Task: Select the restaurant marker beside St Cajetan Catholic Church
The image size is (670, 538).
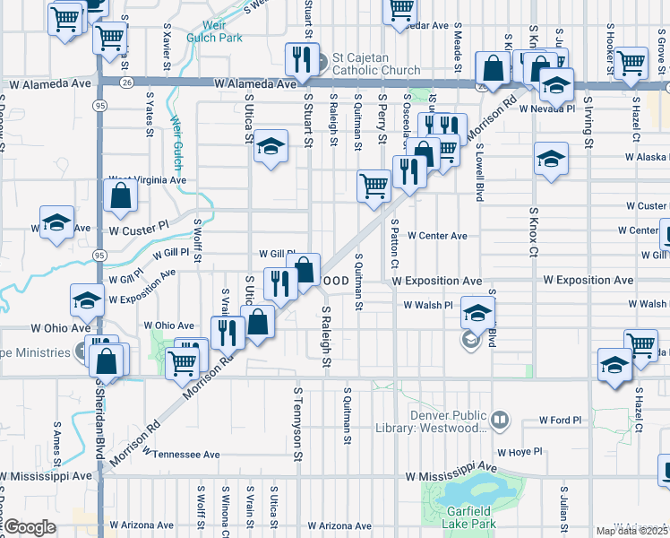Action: coord(299,60)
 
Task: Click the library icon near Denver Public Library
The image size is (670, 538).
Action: coord(500,418)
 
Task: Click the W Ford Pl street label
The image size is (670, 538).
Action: coord(561,420)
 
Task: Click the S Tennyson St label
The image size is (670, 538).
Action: coord(296,415)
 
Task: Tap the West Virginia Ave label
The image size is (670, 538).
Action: coord(146,179)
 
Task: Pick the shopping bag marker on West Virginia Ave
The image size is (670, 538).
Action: coord(120,195)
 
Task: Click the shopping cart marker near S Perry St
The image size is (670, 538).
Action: coord(374,186)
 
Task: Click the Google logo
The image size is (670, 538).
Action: coord(30,527)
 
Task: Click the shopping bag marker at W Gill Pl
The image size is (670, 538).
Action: coord(305,269)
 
